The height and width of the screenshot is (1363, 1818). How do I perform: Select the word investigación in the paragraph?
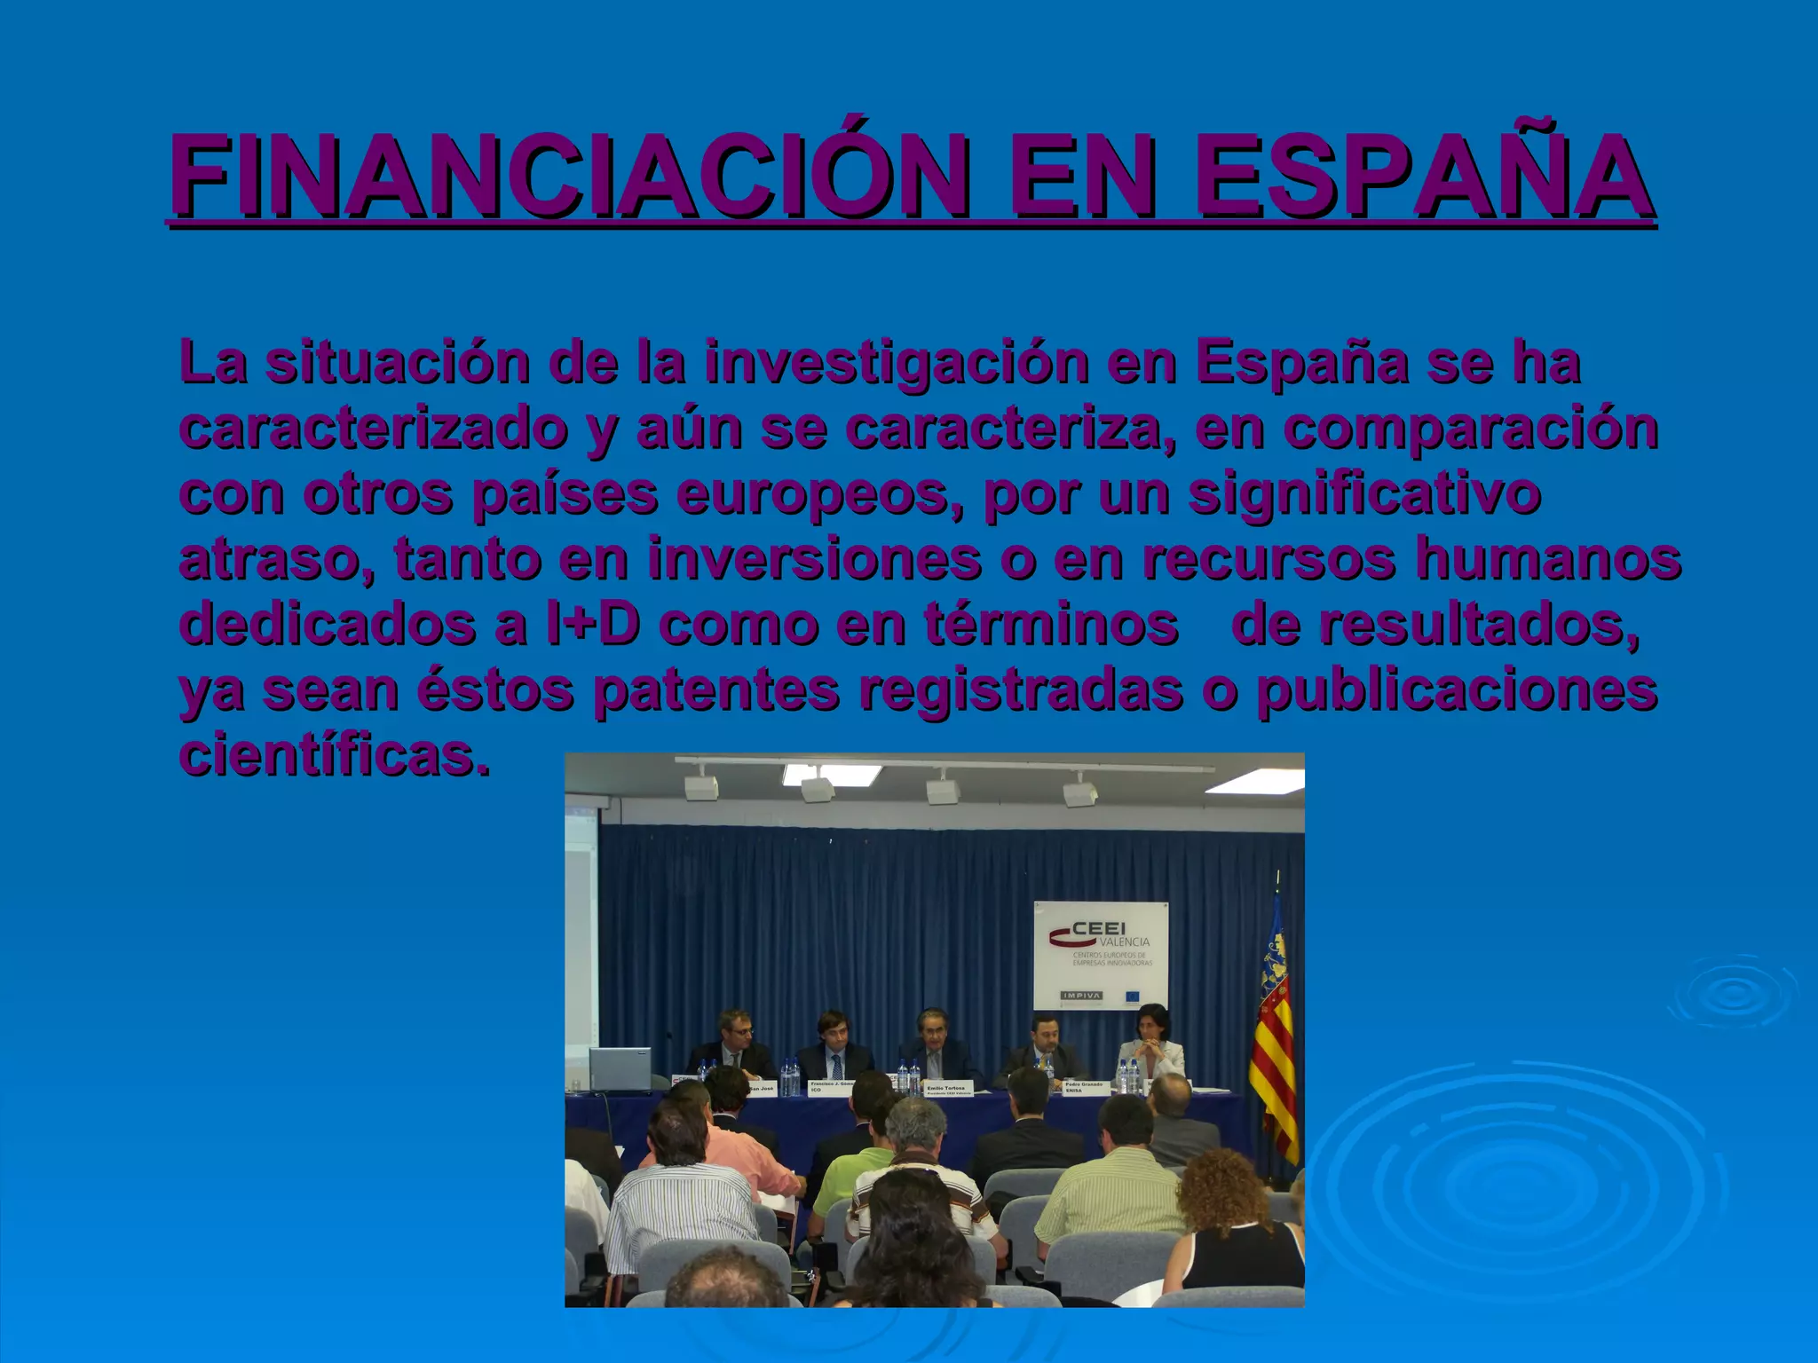coord(897,363)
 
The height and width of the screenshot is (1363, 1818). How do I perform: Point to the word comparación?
coord(1471,429)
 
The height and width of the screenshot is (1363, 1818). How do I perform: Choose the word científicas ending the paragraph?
coord(335,755)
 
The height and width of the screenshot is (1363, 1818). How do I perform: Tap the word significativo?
coord(1364,494)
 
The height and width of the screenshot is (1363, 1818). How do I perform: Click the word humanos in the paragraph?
coord(1548,559)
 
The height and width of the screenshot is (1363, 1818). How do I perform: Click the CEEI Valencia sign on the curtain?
coord(1101,950)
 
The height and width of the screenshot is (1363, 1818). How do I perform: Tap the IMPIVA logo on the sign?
coord(1081,996)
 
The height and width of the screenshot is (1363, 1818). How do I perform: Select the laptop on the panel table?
coord(620,1069)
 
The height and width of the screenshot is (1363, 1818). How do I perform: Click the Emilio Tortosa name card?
coord(949,1089)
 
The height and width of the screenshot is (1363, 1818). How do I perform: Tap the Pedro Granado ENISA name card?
coord(1085,1087)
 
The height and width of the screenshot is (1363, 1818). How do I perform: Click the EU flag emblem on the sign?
coord(1133,996)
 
